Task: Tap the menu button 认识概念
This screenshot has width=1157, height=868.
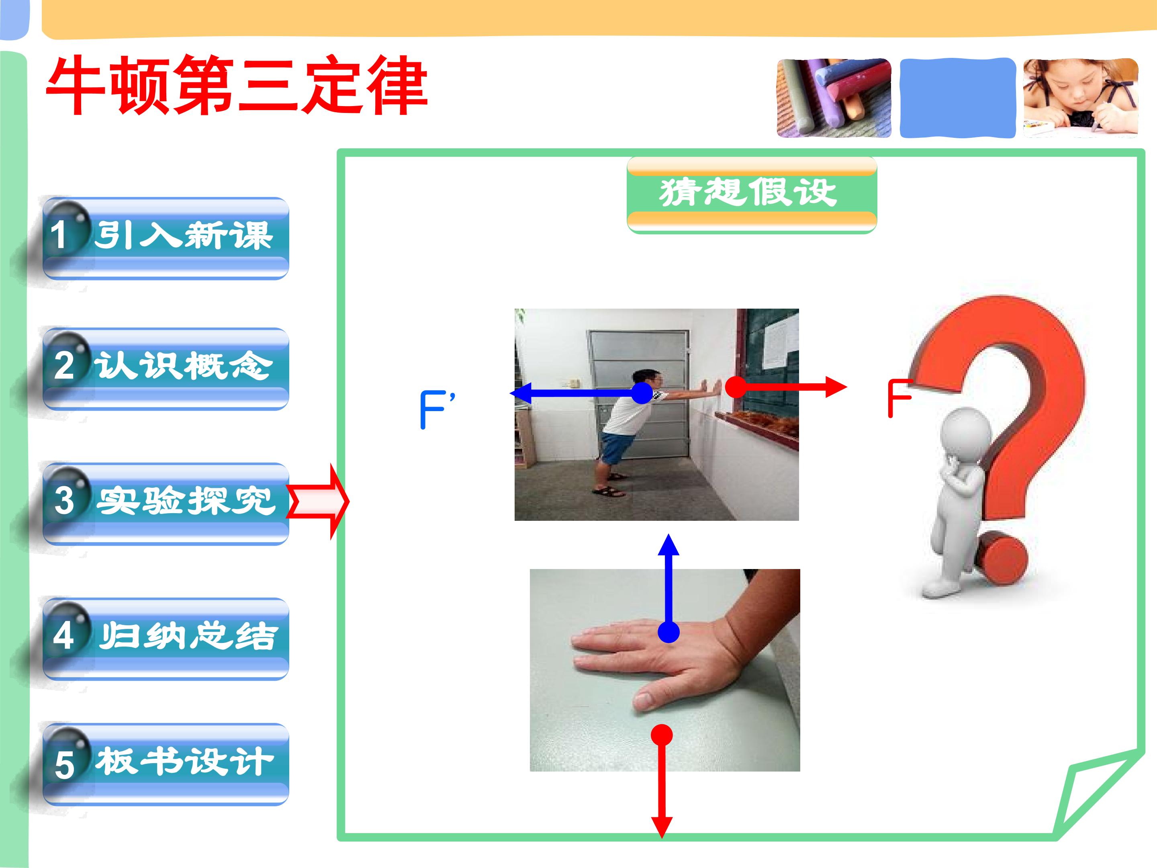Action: point(166,368)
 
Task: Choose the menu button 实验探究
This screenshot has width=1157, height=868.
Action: point(166,504)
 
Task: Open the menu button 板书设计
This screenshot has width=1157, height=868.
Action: point(166,764)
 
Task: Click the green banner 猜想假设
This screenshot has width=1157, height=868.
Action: point(752,194)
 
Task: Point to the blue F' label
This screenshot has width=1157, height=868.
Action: point(437,409)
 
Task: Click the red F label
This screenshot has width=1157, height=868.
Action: point(899,398)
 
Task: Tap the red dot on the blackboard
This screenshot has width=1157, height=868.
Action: point(736,387)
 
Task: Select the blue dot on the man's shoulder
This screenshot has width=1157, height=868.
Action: point(642,393)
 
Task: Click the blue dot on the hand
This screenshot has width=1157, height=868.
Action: point(668,632)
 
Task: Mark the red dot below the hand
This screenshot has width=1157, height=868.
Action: point(662,735)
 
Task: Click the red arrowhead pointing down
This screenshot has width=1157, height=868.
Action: point(662,827)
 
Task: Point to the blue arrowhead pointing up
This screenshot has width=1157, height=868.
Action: point(668,545)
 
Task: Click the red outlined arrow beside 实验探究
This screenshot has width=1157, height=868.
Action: point(317,501)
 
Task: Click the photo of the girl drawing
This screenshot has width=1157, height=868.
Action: point(1081,98)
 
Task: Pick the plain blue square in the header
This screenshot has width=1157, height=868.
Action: point(958,98)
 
